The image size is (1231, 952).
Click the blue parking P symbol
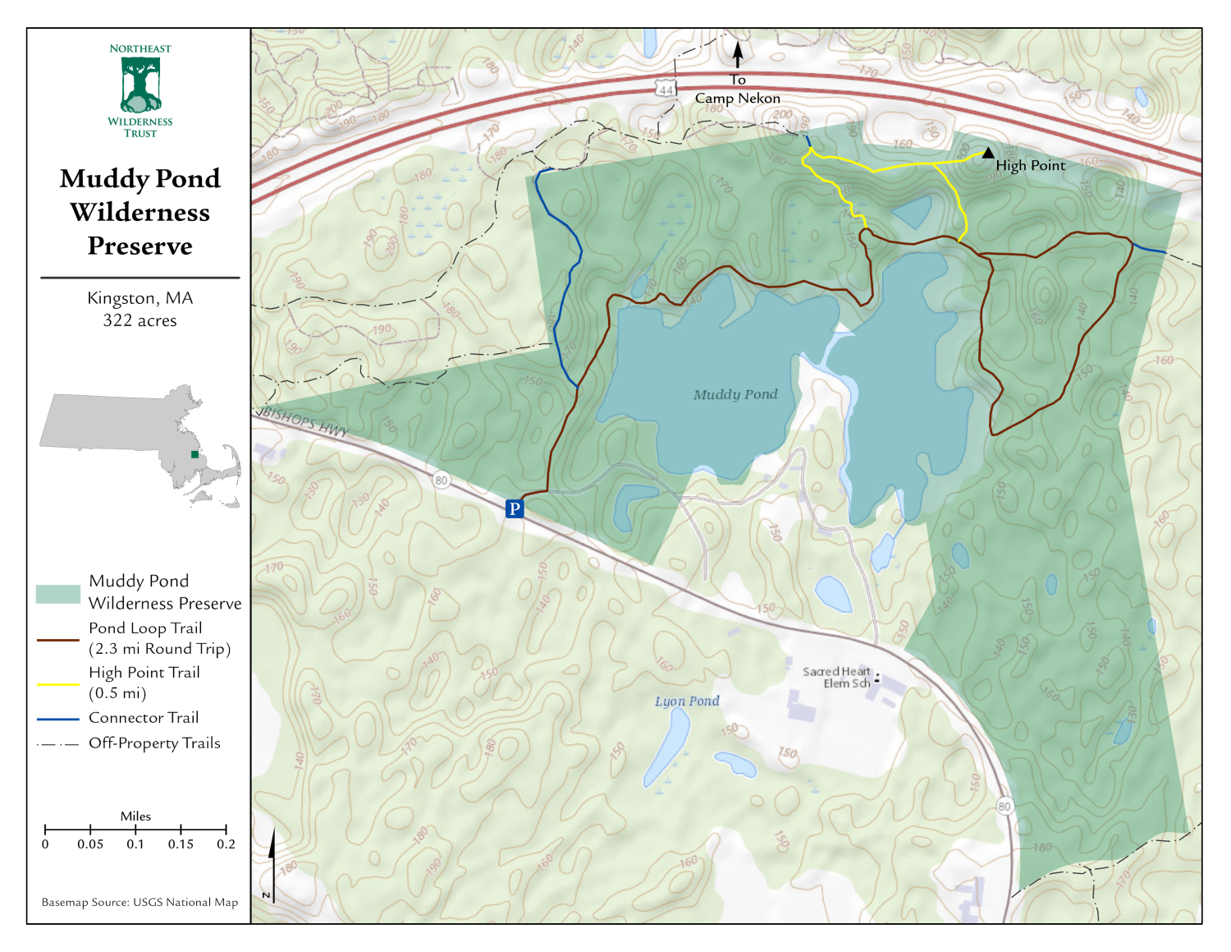(x=515, y=508)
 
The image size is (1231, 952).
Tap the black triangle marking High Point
(x=988, y=152)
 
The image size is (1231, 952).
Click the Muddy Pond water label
(x=735, y=394)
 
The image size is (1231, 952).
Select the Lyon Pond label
(x=687, y=701)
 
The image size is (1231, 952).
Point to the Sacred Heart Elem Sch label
(x=837, y=677)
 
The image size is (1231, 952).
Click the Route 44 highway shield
(x=666, y=89)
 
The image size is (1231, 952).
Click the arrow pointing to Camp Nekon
(x=738, y=54)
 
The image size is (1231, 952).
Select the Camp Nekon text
(x=738, y=98)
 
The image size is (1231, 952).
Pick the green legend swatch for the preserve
(x=58, y=594)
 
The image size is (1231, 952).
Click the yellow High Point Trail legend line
(x=58, y=683)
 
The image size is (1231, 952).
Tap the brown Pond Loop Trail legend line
(x=58, y=639)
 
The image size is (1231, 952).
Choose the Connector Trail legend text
(x=144, y=718)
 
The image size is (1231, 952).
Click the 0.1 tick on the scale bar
(x=135, y=830)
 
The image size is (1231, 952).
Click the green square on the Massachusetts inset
(x=194, y=454)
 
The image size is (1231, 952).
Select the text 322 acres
(x=140, y=320)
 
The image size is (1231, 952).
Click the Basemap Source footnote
(x=140, y=902)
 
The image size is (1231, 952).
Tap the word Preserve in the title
(x=140, y=246)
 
